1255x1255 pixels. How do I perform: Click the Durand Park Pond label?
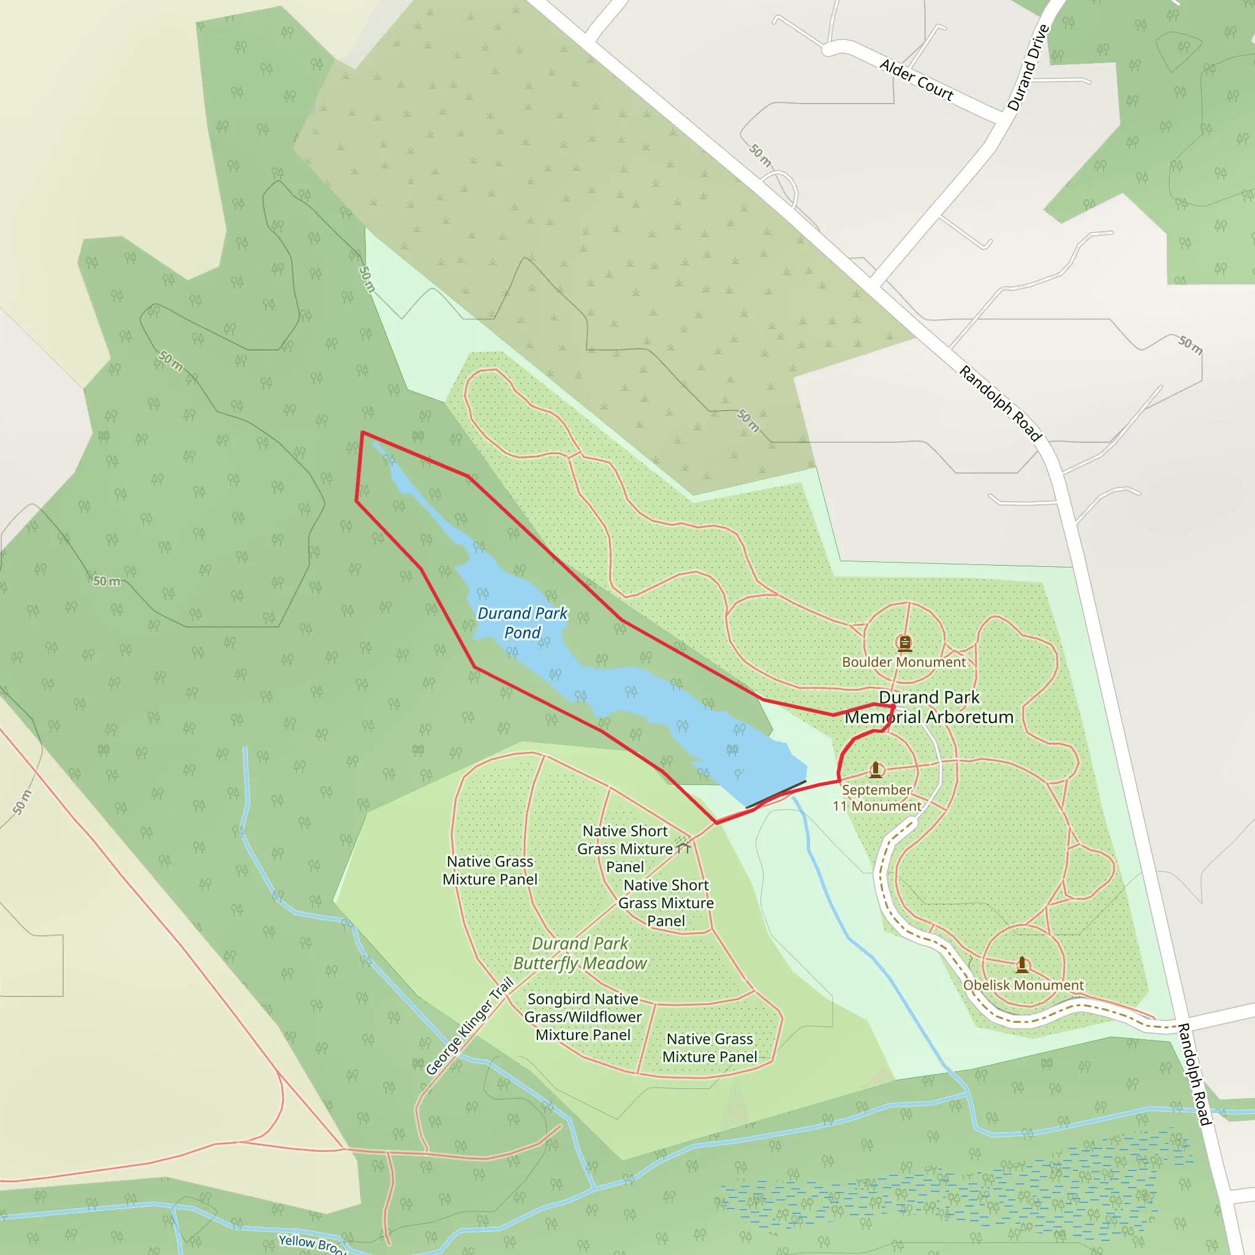pyautogui.click(x=522, y=623)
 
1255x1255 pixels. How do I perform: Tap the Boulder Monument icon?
pyautogui.click(x=904, y=643)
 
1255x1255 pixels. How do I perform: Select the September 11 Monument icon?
pyautogui.click(x=876, y=770)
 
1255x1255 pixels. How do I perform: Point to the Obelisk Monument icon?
pyautogui.click(x=1023, y=964)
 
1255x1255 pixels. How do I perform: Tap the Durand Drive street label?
pyautogui.click(x=1028, y=67)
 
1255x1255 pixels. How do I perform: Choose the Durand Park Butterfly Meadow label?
pyautogui.click(x=580, y=954)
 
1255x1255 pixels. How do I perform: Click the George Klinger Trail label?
pyautogui.click(x=469, y=1026)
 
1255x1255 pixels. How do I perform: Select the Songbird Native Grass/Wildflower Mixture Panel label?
pyautogui.click(x=583, y=1017)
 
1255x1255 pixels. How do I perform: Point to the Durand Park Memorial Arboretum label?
pyautogui.click(x=929, y=707)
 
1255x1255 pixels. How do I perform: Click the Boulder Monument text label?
pyautogui.click(x=904, y=662)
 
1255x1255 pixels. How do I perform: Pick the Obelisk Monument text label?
pyautogui.click(x=1023, y=985)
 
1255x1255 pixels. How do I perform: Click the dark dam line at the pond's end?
pyautogui.click(x=776, y=794)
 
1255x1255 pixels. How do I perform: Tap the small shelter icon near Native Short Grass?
pyautogui.click(x=682, y=846)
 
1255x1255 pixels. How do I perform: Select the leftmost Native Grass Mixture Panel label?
pyautogui.click(x=490, y=870)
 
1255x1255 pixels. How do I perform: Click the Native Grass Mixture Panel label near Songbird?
pyautogui.click(x=710, y=1048)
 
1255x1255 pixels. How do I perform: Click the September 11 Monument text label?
pyautogui.click(x=876, y=798)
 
